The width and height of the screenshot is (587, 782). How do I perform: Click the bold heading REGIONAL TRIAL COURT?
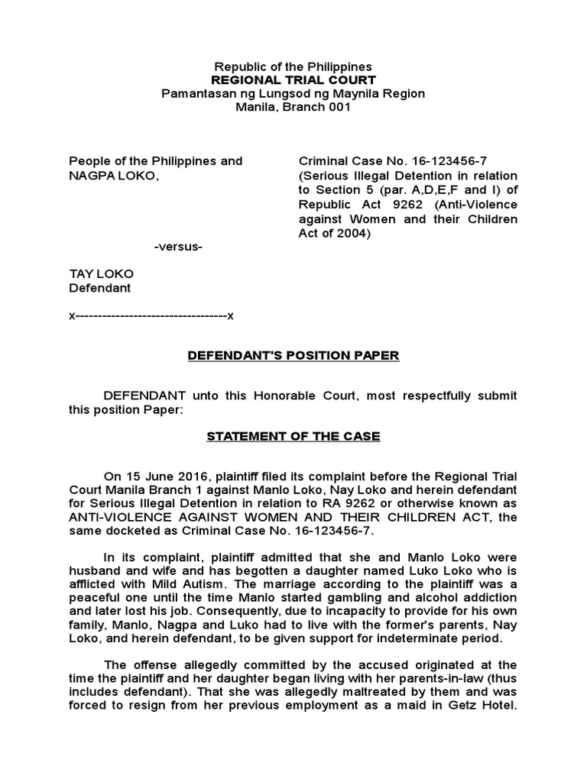(x=293, y=80)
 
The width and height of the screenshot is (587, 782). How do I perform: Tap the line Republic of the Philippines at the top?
(x=293, y=67)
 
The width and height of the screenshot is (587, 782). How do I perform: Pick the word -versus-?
(x=178, y=247)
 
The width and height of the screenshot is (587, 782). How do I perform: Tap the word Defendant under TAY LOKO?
(x=100, y=289)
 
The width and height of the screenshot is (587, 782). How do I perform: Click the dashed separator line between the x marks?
(x=151, y=315)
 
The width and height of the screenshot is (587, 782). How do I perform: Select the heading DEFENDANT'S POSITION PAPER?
(x=293, y=356)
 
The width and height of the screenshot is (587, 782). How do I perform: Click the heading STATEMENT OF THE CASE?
(x=293, y=436)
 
